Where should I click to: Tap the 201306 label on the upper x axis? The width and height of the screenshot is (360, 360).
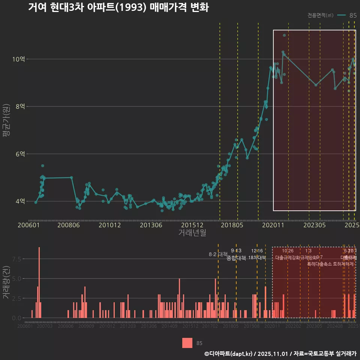(x=151, y=225)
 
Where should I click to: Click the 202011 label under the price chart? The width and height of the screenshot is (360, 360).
(x=272, y=225)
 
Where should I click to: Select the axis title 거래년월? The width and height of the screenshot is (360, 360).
(x=192, y=233)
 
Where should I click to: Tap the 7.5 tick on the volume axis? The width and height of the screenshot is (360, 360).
(x=16, y=259)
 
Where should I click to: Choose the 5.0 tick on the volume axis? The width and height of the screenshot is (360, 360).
(x=16, y=279)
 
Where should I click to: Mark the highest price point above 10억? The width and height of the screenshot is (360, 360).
(x=284, y=35)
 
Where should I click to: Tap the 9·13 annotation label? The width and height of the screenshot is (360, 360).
(x=236, y=250)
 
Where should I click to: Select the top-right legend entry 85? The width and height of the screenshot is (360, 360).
(x=353, y=15)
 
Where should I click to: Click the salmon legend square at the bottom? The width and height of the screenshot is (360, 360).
(x=187, y=343)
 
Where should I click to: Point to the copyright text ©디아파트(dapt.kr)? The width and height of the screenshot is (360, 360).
(x=229, y=354)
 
